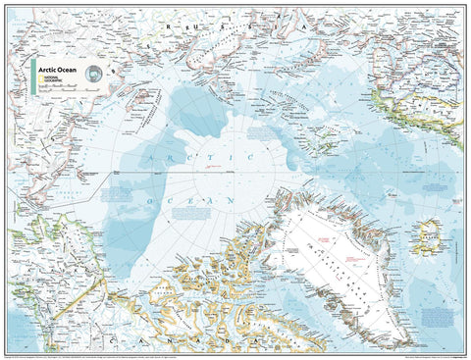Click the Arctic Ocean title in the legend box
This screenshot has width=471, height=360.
pyautogui.click(x=59, y=71)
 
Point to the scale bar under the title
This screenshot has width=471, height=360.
pyautogui.click(x=64, y=89)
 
